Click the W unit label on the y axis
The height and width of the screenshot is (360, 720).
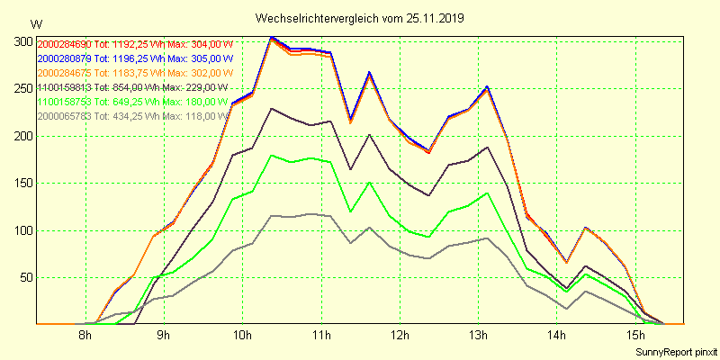click(35, 23)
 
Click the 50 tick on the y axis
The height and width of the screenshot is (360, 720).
click(27, 277)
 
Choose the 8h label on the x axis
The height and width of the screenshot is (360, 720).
click(85, 336)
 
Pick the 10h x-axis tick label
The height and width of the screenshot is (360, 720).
click(242, 336)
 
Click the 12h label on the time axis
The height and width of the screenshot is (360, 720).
click(399, 336)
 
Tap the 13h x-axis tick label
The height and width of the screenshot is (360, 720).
click(478, 336)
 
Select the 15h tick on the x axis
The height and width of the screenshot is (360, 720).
click(634, 336)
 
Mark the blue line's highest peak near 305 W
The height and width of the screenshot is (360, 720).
click(272, 37)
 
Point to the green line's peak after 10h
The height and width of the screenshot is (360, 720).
click(271, 155)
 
